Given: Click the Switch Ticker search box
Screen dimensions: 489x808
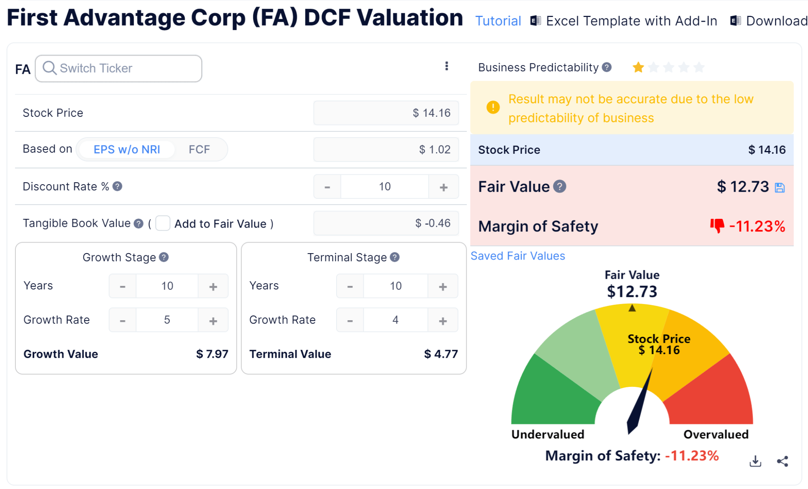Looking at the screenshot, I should (118, 69).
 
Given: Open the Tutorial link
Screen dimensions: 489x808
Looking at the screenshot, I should (498, 21).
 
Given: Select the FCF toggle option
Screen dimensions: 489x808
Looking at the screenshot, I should (199, 149).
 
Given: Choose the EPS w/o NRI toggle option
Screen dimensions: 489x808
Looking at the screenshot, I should (127, 149).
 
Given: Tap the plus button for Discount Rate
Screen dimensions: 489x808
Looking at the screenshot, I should (443, 187).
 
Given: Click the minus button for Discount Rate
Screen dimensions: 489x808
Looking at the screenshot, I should (327, 187).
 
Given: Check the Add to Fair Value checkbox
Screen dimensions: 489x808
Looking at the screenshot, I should (163, 223).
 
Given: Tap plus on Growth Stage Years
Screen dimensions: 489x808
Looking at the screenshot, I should (213, 286).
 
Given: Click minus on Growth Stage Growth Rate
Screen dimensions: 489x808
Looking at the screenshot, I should (123, 320).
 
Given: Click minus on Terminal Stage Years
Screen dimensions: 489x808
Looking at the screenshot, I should (350, 286).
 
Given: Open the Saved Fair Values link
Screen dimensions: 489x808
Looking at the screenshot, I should (518, 256).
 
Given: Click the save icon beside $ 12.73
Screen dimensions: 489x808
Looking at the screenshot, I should (780, 188).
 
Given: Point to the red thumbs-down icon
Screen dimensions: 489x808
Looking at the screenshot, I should (717, 226).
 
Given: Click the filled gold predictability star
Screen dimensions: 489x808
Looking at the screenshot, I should (638, 67).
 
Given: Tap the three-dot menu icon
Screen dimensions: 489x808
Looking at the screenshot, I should (447, 66).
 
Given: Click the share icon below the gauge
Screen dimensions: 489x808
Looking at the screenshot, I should (782, 461).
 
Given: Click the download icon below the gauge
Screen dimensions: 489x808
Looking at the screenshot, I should (755, 461).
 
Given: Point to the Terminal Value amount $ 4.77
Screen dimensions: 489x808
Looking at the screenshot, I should (441, 354).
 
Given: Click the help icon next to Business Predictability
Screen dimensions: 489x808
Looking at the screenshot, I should (607, 67).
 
